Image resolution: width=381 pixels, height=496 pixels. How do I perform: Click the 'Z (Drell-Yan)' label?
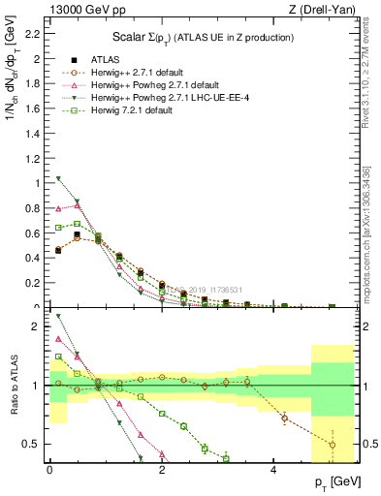click(x=327, y=10)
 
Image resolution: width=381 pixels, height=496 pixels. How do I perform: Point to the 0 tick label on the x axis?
click(x=49, y=470)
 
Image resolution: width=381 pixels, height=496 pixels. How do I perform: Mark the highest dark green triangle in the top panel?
click(x=58, y=178)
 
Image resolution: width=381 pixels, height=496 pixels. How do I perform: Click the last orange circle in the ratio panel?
click(x=332, y=446)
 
